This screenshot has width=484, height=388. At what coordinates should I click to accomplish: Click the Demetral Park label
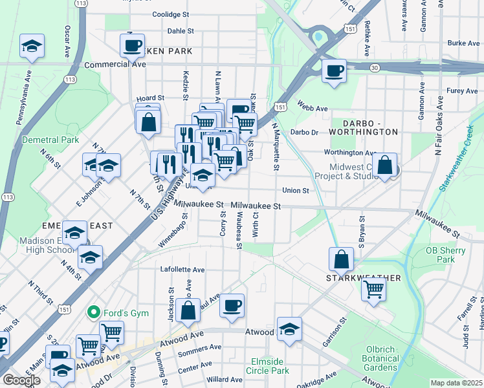click(x=50, y=140)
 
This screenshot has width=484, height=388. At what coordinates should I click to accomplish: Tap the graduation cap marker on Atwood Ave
click(x=289, y=329)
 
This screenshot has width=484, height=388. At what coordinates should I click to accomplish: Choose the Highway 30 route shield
click(x=375, y=67)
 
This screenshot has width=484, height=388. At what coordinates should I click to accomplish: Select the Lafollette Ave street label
click(x=182, y=270)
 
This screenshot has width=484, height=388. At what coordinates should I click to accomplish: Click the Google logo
click(x=21, y=380)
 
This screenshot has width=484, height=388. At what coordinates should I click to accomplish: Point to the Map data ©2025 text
click(x=456, y=383)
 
